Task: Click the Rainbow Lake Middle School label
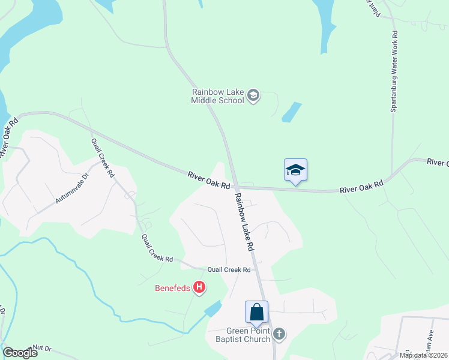[217, 96]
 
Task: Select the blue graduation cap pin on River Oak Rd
[296, 170]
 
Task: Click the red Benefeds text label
[172, 289]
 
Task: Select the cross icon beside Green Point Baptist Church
[279, 334]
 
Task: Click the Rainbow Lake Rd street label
[245, 221]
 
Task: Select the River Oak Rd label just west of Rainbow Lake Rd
[209, 180]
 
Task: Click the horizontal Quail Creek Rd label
[229, 270]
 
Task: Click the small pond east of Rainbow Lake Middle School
[291, 112]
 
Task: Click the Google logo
[20, 353]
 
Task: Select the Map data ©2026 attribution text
[424, 355]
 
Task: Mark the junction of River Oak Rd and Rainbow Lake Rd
[236, 187]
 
